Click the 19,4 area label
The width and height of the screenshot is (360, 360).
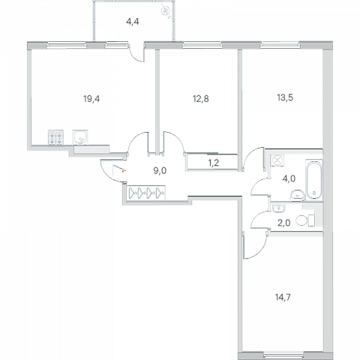[91, 99]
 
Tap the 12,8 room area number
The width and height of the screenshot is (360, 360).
[201, 99]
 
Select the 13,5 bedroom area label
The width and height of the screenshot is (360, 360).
[285, 97]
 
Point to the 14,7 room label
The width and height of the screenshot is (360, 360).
[283, 298]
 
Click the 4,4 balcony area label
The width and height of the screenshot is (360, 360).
[133, 22]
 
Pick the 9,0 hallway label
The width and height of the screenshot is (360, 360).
[160, 171]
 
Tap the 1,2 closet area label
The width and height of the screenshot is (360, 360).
[214, 163]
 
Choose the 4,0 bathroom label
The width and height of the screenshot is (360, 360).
[289, 178]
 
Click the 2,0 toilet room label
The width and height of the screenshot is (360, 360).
[284, 223]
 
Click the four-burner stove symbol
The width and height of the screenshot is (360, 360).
[55, 137]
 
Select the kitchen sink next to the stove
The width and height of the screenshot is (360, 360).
[80, 137]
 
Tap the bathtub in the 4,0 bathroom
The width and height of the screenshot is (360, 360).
[314, 180]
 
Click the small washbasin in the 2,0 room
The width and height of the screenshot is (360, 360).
[279, 208]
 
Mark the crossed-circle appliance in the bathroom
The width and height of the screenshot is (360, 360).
[277, 160]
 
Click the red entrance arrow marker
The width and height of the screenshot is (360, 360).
[123, 172]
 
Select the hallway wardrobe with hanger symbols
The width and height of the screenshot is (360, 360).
[146, 193]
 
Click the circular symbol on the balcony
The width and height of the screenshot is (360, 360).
[166, 10]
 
